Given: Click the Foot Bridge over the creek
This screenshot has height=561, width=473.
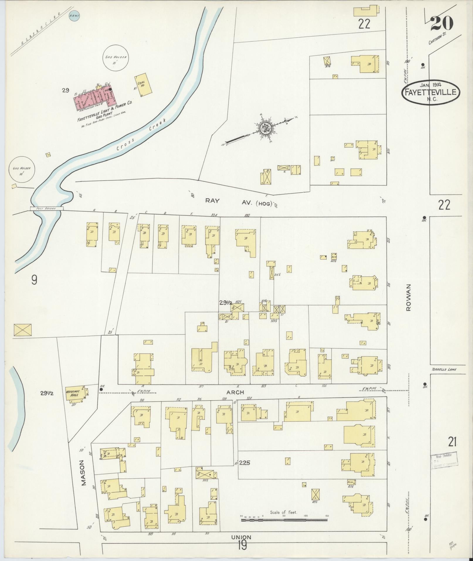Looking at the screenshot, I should [47, 208].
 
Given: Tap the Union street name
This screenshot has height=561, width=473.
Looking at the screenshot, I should [241, 537].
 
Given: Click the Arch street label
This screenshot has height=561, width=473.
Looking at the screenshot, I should [235, 392].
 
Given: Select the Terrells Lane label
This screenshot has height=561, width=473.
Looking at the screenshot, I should [444, 370].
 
